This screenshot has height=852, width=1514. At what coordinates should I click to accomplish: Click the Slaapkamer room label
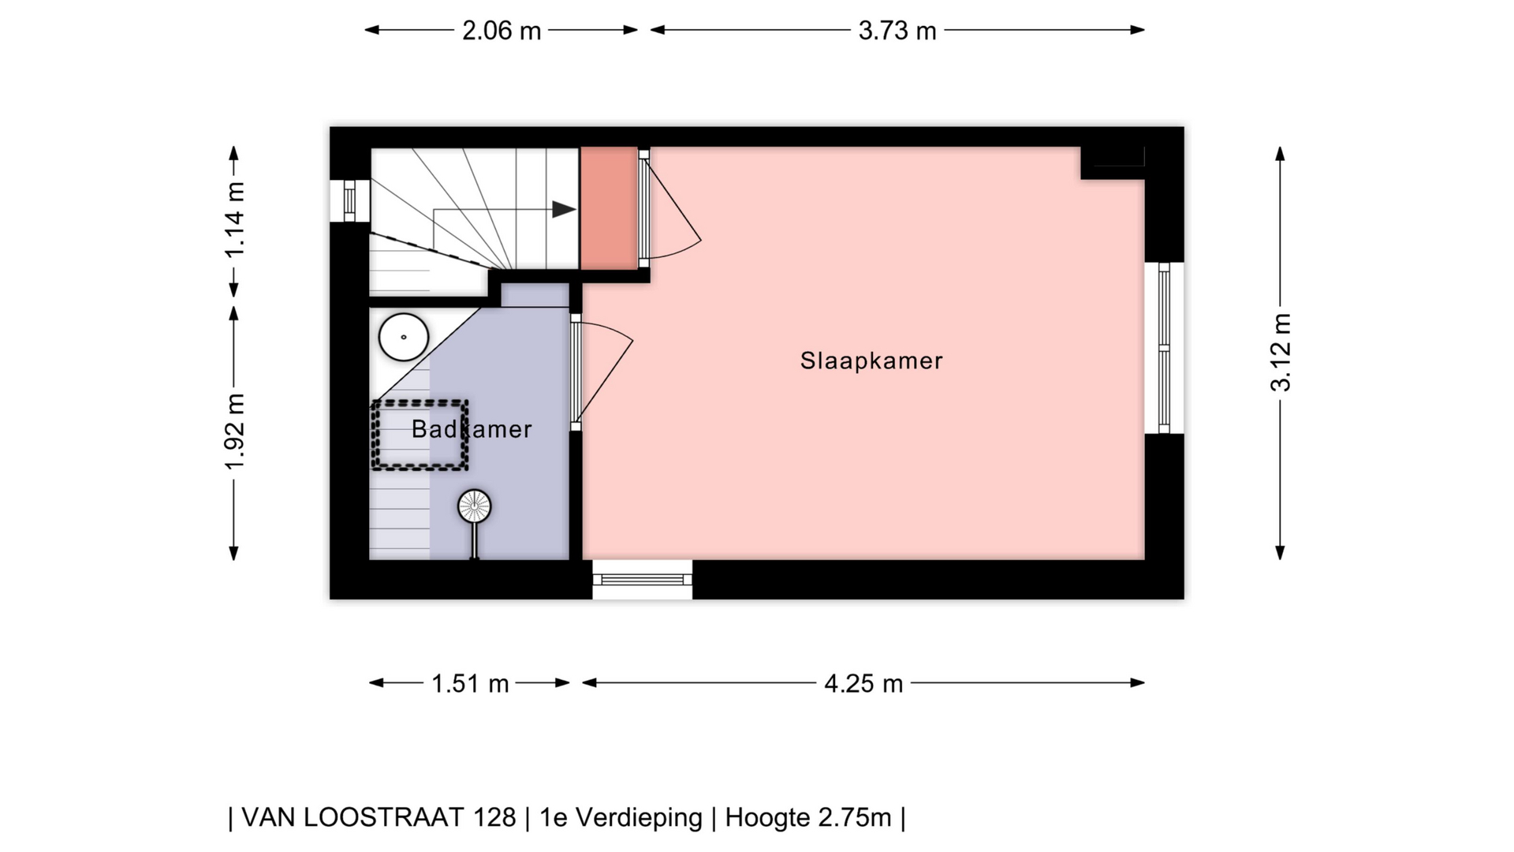click(x=871, y=361)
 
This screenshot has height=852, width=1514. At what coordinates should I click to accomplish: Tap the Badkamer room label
click(x=472, y=429)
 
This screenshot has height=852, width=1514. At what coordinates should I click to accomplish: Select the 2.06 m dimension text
click(x=502, y=31)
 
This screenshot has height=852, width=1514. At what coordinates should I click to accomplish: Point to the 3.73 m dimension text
click(x=897, y=31)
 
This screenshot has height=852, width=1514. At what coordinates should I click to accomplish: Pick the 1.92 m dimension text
click(x=235, y=431)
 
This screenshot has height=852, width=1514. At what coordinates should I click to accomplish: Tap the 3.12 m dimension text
click(x=1281, y=352)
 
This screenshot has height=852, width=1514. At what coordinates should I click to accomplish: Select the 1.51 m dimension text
click(x=470, y=683)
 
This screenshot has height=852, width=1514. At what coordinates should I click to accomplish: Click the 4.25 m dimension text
click(x=863, y=683)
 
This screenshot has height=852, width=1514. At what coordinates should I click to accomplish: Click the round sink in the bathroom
click(x=404, y=337)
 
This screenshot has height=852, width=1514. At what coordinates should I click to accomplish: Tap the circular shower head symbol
click(x=475, y=506)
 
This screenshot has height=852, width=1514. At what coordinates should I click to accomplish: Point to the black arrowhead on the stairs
click(x=564, y=209)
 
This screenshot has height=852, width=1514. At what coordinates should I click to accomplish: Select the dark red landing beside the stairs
click(x=609, y=208)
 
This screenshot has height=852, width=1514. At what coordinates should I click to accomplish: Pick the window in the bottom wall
click(x=643, y=580)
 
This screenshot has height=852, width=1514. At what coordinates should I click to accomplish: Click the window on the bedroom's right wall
click(x=1164, y=348)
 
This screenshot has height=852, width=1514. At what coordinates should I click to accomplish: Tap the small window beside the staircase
click(x=349, y=200)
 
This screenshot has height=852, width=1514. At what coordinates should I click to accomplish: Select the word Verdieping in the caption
click(x=638, y=818)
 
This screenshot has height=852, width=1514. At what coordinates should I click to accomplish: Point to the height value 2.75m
click(x=854, y=817)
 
